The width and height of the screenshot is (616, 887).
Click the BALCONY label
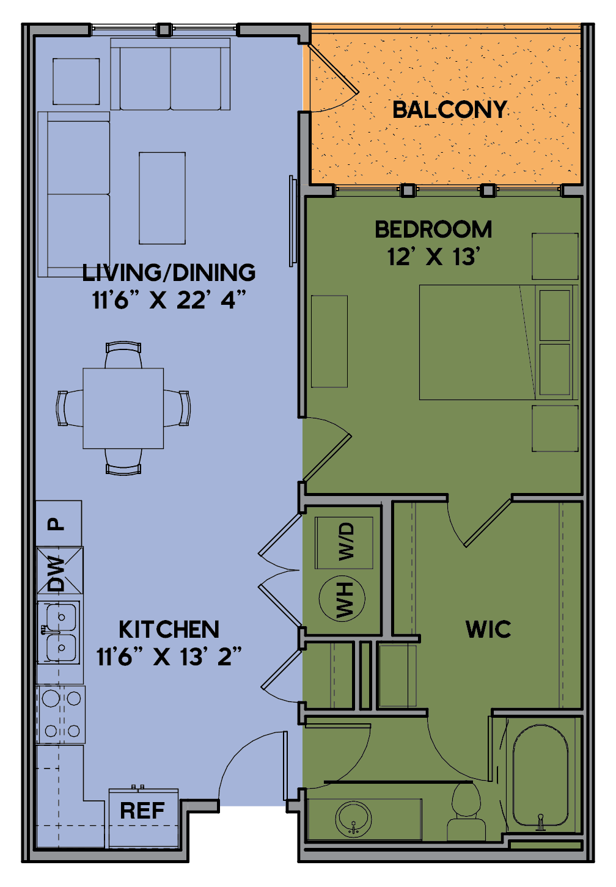point(450,109)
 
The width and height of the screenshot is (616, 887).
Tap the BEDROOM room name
point(433,230)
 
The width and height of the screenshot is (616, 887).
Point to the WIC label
point(488,629)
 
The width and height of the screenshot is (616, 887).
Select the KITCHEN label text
point(169,629)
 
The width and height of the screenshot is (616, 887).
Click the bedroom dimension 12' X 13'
point(434,257)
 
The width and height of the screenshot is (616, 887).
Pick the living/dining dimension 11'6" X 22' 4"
point(169,300)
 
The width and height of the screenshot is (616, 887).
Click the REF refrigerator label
point(142,811)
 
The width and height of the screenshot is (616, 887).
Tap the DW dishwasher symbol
point(60,570)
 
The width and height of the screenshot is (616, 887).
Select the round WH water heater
point(342,599)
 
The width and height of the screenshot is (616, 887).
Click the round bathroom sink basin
point(353,819)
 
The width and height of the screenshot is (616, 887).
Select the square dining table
point(123,408)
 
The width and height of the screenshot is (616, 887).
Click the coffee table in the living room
point(162,198)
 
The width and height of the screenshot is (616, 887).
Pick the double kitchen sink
point(59,632)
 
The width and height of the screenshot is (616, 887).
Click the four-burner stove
point(61,715)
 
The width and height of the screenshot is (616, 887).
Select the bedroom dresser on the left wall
point(329,341)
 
